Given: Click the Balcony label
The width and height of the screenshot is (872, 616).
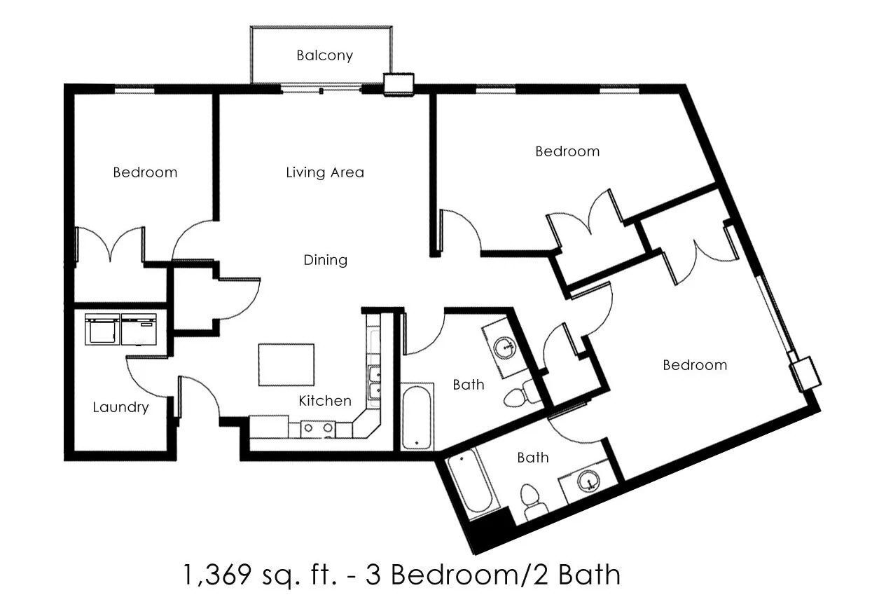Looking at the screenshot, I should [324, 55].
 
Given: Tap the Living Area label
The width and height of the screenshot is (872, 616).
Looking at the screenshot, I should [325, 172].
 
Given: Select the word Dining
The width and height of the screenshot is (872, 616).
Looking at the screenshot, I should [325, 260].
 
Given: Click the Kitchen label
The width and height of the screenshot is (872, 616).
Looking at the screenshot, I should [325, 401].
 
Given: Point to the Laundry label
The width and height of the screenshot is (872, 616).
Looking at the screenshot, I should [120, 407].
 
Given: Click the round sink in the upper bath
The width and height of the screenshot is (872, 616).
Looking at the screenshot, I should [504, 346].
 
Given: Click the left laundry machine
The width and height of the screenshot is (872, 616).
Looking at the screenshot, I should [102, 329].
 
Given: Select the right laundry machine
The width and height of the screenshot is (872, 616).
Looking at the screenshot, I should [140, 329].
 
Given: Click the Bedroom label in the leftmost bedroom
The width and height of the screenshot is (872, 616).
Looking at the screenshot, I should [145, 172].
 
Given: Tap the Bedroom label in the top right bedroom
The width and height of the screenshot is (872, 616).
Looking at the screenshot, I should [567, 151].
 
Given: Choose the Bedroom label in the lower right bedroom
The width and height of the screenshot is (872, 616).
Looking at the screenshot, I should [695, 365].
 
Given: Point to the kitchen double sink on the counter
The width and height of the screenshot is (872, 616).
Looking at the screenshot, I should [374, 383].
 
